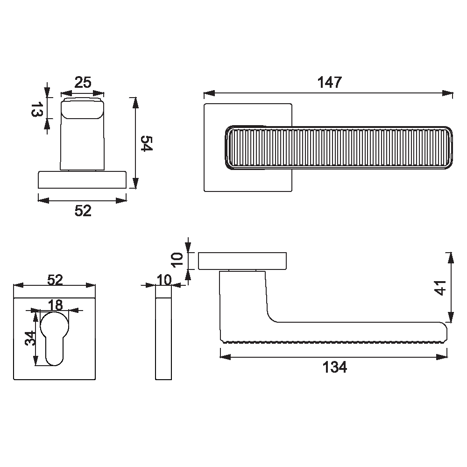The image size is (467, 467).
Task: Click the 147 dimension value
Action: click(x=330, y=82)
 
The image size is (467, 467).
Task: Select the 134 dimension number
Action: click(x=335, y=367)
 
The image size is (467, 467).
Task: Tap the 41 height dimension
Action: click(x=440, y=288)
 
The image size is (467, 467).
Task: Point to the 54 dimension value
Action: click(x=146, y=143)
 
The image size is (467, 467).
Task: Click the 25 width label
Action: click(x=83, y=83)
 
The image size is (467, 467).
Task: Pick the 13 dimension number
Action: click(x=36, y=109)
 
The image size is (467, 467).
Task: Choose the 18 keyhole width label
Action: click(x=56, y=305)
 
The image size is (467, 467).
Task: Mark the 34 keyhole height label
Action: click(x=30, y=338)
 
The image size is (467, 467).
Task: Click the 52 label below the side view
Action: click(x=83, y=211)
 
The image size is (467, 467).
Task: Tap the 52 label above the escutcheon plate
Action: click(x=55, y=280)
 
